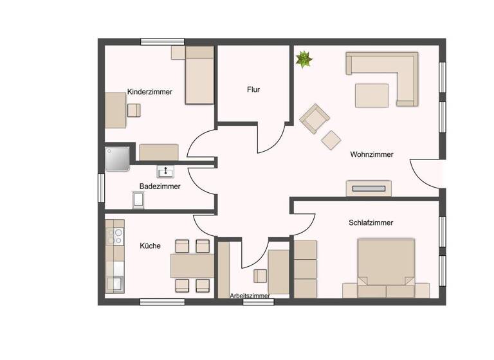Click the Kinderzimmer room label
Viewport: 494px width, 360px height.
click(x=149, y=92)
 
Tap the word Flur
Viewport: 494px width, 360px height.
click(x=253, y=90)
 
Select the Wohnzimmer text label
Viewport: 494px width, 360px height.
click(x=371, y=154)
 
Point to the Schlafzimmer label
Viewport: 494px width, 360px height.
click(x=370, y=222)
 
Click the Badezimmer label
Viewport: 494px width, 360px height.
click(x=160, y=186)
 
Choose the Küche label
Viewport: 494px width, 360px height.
click(x=150, y=246)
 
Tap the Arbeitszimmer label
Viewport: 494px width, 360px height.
click(x=250, y=296)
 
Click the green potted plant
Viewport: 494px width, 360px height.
click(x=304, y=60)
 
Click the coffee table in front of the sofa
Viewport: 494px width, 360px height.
click(x=372, y=95)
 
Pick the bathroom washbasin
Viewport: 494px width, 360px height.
click(x=166, y=171)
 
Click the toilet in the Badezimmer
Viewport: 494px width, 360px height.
click(x=138, y=201)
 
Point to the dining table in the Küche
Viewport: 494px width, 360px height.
click(x=192, y=265)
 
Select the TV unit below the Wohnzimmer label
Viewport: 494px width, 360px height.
click(x=368, y=188)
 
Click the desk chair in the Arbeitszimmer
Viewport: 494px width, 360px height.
click(x=260, y=276)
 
